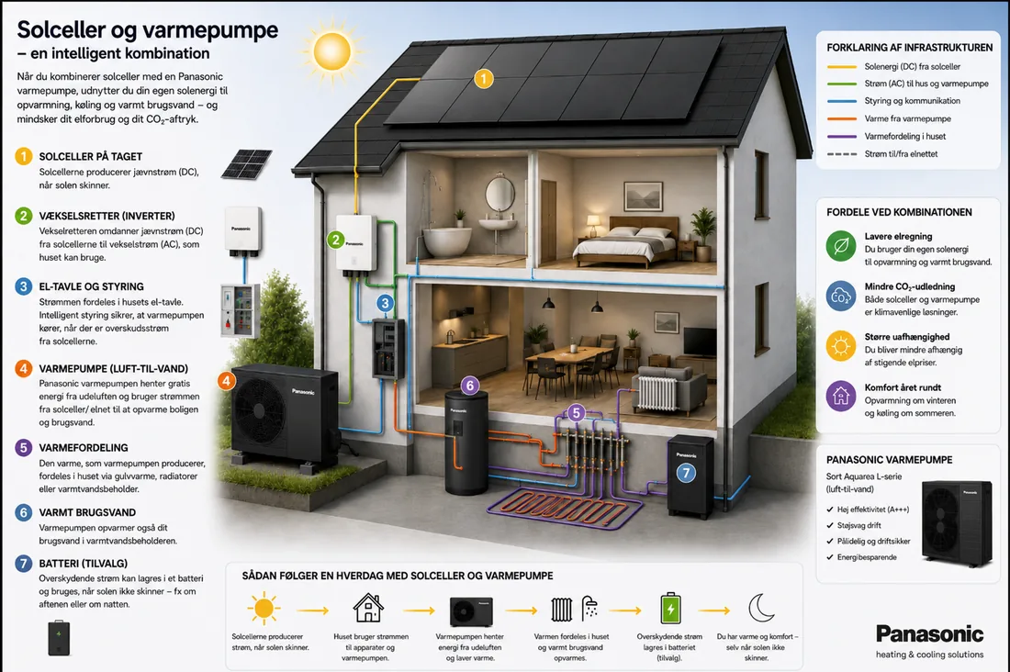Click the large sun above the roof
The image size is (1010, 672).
331,50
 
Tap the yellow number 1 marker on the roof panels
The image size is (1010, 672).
484,79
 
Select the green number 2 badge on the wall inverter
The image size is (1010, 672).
335,241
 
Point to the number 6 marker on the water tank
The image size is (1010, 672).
470,386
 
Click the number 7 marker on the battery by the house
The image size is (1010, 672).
686,474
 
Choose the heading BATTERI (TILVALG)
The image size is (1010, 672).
83,564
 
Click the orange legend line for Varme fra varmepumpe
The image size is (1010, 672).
841,118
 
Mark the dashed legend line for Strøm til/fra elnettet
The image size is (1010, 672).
841,154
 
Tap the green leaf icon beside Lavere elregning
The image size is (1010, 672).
840,246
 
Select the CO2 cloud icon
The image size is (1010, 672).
840,297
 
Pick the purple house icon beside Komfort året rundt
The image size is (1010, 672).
840,396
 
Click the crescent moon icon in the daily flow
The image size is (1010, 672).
761,608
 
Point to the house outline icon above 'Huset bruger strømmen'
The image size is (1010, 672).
368,608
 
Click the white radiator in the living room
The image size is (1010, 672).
657,393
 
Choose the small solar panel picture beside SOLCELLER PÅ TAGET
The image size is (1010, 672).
246,164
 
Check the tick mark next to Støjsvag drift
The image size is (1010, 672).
830,526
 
